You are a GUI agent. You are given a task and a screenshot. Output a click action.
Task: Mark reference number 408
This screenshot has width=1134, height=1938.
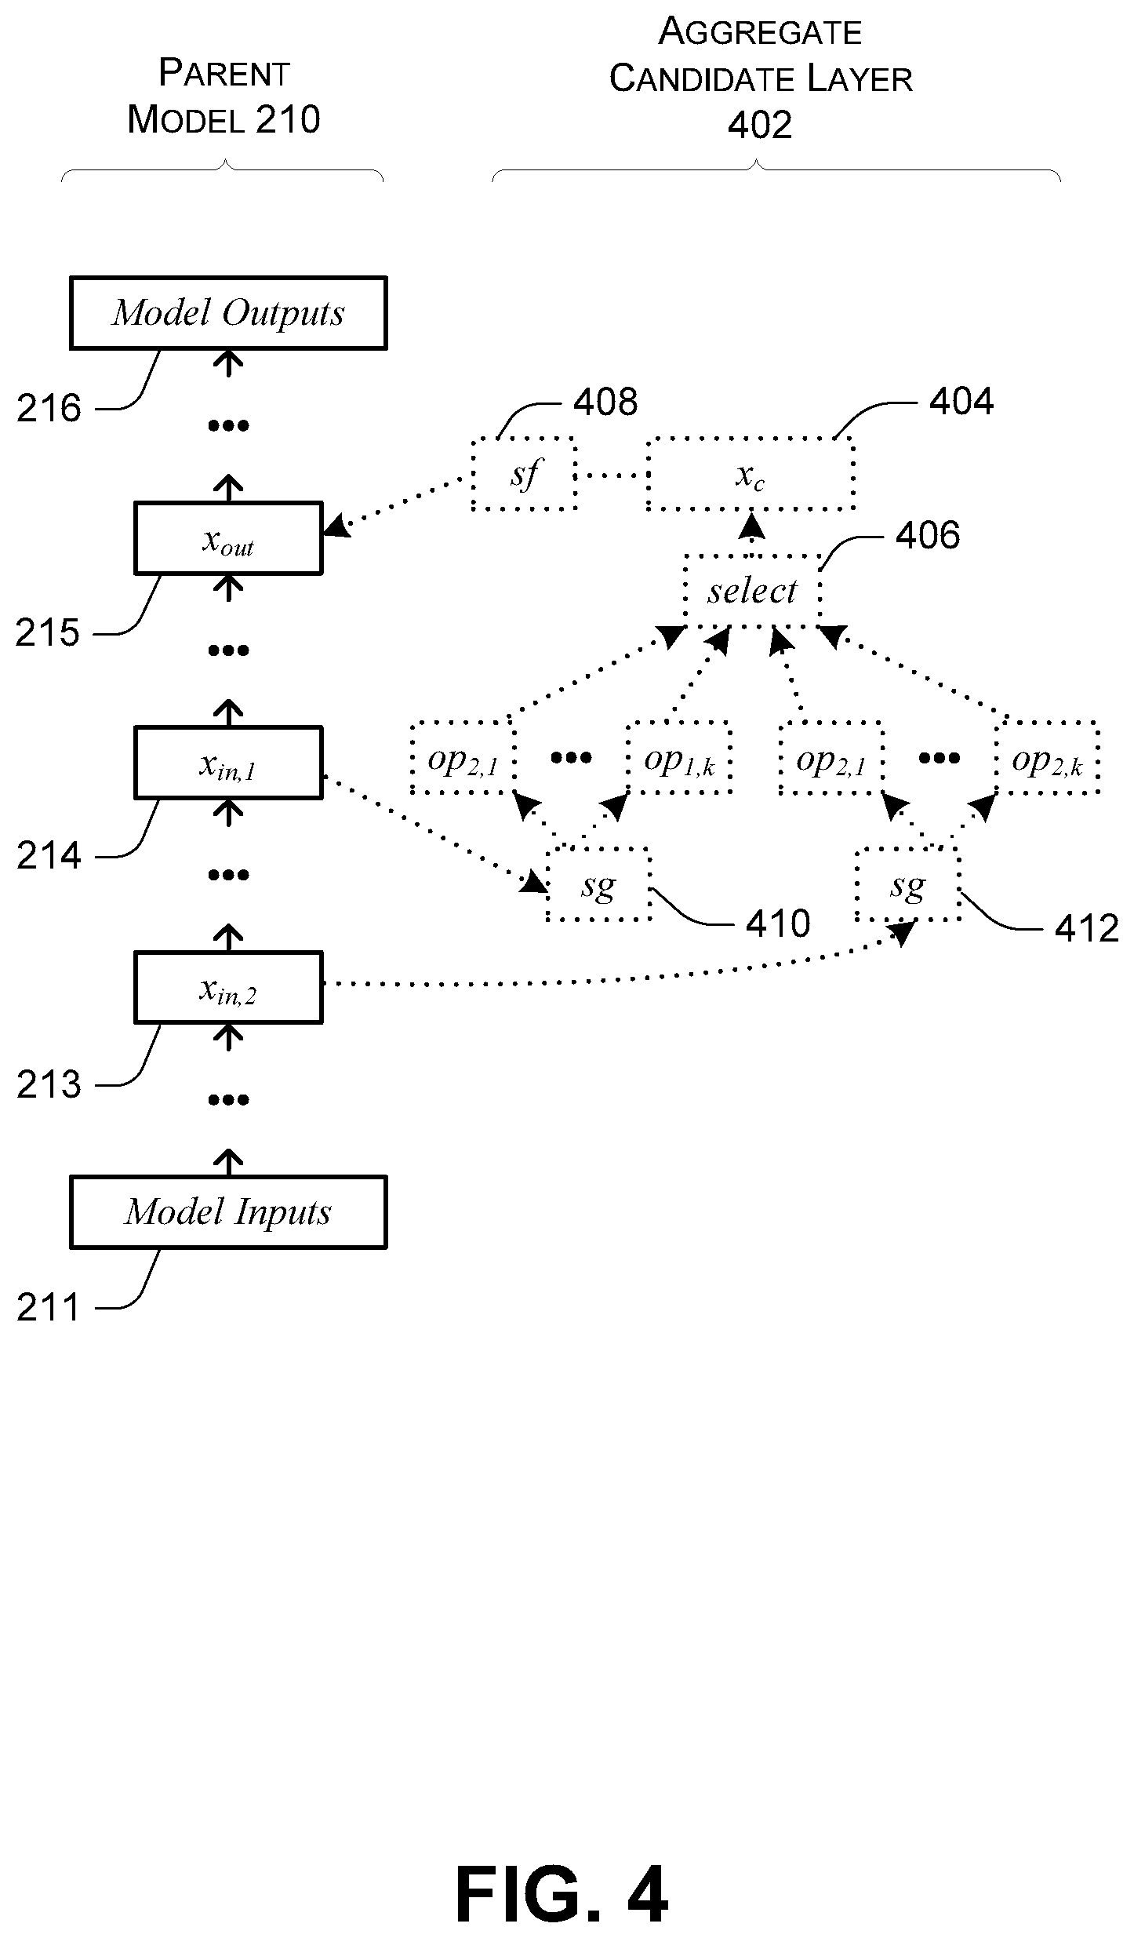point(605,402)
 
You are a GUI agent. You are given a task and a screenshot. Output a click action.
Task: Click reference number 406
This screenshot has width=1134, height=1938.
point(928,535)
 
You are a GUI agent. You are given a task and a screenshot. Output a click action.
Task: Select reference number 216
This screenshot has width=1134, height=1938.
point(49,408)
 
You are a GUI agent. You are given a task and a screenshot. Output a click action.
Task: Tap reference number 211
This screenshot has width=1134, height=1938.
point(49,1307)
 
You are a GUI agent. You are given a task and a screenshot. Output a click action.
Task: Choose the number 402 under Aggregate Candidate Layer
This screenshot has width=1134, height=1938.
point(760,125)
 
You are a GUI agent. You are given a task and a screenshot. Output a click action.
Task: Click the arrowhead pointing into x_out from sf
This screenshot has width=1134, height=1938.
point(335,526)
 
